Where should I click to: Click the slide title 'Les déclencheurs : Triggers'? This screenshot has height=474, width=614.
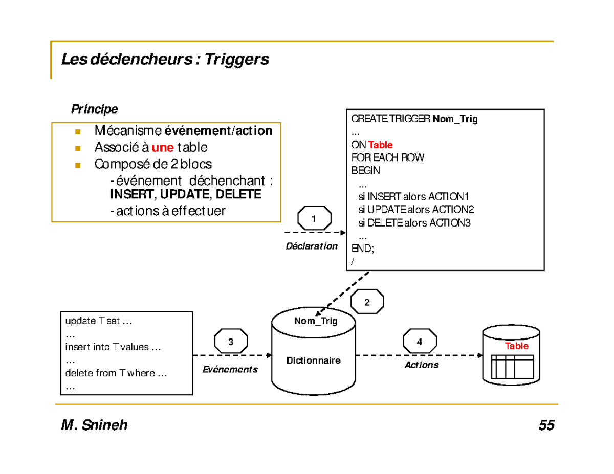coord(165,60)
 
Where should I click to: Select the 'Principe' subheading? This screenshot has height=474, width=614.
coord(94,109)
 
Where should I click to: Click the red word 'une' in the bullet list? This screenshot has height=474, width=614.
coord(163,148)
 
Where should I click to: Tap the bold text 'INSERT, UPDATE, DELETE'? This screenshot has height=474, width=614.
coord(185,194)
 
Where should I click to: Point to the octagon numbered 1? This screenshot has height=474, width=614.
coord(314,219)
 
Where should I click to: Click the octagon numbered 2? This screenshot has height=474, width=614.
coord(367,303)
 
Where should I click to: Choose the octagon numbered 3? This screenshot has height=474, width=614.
coord(231,342)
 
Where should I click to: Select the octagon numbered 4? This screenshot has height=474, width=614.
coord(420,342)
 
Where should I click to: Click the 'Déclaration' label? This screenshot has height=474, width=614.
coord(312,246)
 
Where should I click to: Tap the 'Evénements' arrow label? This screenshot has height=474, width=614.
coord(230,369)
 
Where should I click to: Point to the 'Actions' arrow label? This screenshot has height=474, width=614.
coord(422,365)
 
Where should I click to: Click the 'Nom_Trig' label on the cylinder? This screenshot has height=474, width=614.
coord(316,321)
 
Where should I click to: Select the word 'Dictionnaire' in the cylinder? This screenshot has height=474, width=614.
coord(313,360)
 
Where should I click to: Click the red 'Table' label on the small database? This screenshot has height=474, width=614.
coord(516,346)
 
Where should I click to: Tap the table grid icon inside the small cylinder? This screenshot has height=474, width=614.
coord(513,365)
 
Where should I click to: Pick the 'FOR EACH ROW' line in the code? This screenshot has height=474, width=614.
coord(387,157)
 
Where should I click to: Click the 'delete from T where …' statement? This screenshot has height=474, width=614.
coord(116,373)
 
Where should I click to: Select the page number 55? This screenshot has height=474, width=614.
coord(546,425)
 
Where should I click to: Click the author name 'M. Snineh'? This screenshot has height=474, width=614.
coord(94,425)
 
